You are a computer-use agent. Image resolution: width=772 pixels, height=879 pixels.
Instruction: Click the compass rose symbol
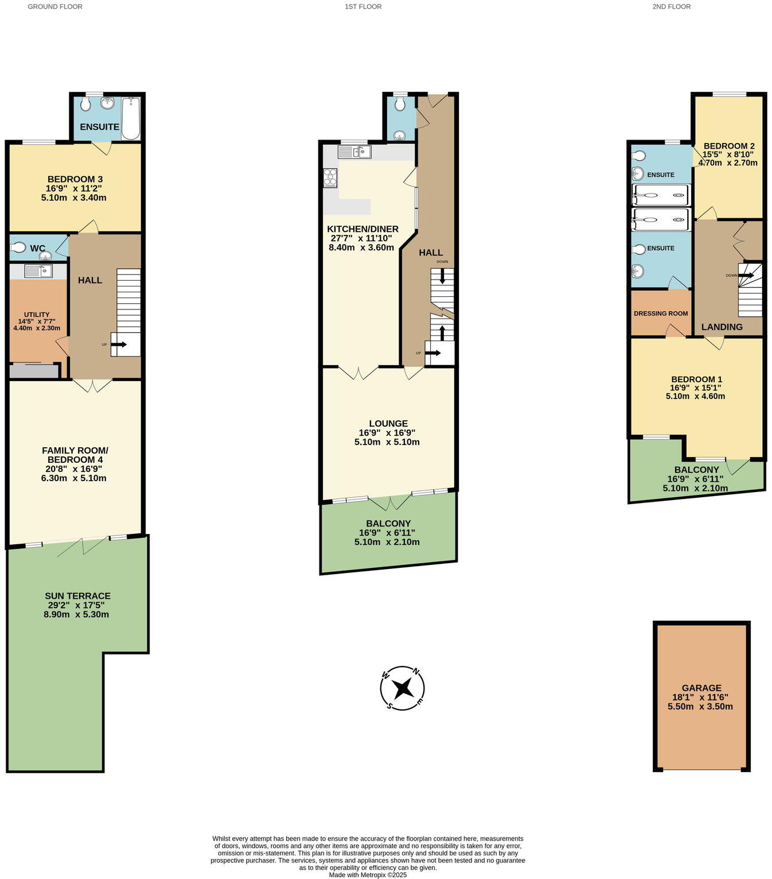click(x=403, y=688)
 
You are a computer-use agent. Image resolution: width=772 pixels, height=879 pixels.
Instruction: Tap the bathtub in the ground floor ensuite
click(x=131, y=118)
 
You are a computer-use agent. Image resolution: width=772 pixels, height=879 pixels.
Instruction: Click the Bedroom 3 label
click(x=75, y=179)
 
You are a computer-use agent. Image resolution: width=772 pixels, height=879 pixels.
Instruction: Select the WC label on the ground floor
click(x=38, y=248)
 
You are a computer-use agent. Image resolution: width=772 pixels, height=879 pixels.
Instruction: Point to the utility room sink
click(x=39, y=270)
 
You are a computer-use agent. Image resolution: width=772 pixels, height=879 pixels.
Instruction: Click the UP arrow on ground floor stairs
click(x=120, y=344)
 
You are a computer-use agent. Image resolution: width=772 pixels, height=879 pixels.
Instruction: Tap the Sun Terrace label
click(x=77, y=596)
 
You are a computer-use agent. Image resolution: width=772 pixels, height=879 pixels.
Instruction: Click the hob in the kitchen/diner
click(x=330, y=177)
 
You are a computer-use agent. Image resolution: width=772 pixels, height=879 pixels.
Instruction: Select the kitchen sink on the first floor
click(x=355, y=152)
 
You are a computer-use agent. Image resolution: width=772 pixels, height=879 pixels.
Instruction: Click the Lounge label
click(x=388, y=424)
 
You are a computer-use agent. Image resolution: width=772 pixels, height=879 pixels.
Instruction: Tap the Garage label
click(x=701, y=688)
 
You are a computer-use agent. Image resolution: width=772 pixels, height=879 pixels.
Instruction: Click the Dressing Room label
click(x=661, y=313)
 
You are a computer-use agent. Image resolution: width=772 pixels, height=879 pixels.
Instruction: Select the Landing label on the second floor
click(x=722, y=327)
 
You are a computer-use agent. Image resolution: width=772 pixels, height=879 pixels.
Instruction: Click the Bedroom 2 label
click(x=728, y=146)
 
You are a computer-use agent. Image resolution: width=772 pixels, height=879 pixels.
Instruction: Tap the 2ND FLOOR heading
click(x=671, y=7)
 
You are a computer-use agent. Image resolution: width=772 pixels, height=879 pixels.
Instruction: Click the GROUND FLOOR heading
click(x=55, y=7)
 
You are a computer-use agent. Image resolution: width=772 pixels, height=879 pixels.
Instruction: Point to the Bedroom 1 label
click(x=696, y=380)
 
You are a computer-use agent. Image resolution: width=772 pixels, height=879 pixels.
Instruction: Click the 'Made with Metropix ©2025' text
click(x=368, y=875)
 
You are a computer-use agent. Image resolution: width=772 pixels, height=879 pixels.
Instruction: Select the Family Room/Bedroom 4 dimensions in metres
click(x=73, y=478)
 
